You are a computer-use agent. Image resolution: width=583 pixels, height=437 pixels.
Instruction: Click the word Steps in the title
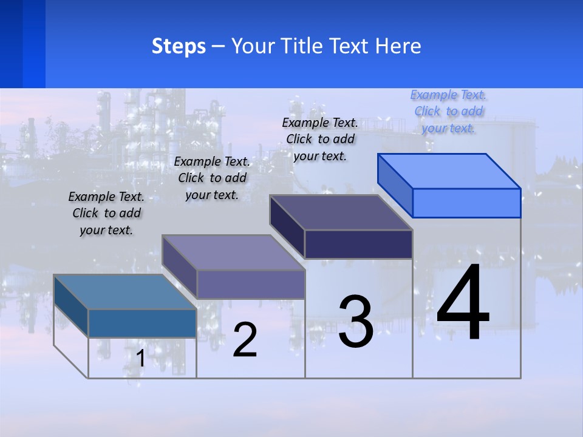[179, 46]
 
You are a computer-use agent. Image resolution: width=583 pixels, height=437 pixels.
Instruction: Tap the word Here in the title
[398, 46]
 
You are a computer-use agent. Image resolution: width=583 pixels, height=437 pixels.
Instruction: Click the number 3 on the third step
[356, 322]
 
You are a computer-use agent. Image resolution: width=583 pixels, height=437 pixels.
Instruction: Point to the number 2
[245, 340]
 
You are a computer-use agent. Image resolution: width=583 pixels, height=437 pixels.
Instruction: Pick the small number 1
[141, 359]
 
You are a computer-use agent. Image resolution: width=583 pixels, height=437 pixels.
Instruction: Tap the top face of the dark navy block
[341, 212]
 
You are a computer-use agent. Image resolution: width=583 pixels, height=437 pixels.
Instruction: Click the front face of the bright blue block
[466, 203]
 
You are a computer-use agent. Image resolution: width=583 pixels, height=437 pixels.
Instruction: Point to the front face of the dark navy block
[358, 244]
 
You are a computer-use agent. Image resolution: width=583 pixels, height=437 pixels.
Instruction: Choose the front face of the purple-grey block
[250, 284]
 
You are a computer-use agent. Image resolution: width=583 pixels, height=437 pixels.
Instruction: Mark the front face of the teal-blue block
[142, 323]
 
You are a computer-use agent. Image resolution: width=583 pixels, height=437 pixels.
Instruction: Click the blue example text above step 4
[449, 112]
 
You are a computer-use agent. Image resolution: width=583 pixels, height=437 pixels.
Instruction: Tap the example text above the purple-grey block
[212, 178]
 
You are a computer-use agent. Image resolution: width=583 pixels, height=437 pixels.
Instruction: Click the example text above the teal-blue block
[106, 214]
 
